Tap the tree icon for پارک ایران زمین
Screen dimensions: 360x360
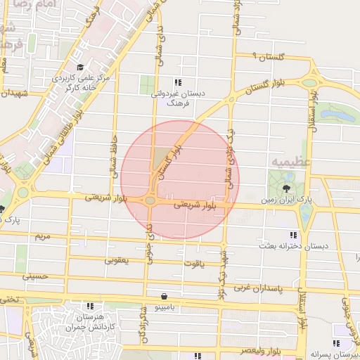(286, 190)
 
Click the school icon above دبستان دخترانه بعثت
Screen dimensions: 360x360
(292, 235)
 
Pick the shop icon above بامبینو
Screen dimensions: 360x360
(164, 296)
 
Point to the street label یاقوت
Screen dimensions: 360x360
(193, 264)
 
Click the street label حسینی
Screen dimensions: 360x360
(35, 276)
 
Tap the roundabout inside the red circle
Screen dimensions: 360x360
(151, 201)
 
